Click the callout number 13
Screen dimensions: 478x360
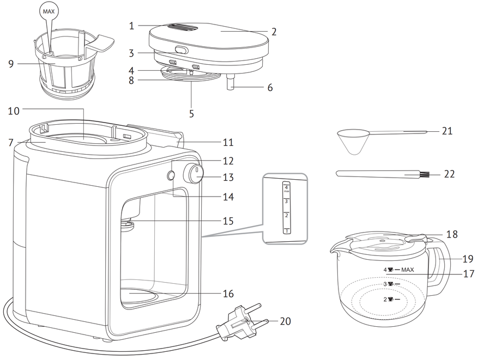pyautogui.click(x=228, y=177)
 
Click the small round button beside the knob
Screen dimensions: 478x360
pyautogui.click(x=171, y=175)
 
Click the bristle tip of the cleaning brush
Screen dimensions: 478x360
pyautogui.click(x=425, y=175)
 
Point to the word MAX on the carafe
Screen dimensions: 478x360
pyautogui.click(x=408, y=270)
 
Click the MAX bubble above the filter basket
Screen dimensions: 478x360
pyautogui.click(x=49, y=11)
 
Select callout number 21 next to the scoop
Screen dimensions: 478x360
pyautogui.click(x=447, y=131)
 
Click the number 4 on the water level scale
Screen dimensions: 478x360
pyautogui.click(x=286, y=187)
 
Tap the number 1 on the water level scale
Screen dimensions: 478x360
pyautogui.click(x=287, y=231)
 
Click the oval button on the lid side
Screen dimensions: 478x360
pyautogui.click(x=180, y=50)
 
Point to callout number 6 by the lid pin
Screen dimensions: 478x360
pyautogui.click(x=270, y=88)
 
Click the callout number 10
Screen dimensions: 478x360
pyautogui.click(x=14, y=111)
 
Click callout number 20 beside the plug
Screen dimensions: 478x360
pyautogui.click(x=286, y=321)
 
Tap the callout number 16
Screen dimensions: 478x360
pyautogui.click(x=228, y=294)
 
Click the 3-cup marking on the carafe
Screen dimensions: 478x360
pyautogui.click(x=392, y=284)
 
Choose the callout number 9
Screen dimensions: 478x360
pyautogui.click(x=11, y=64)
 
